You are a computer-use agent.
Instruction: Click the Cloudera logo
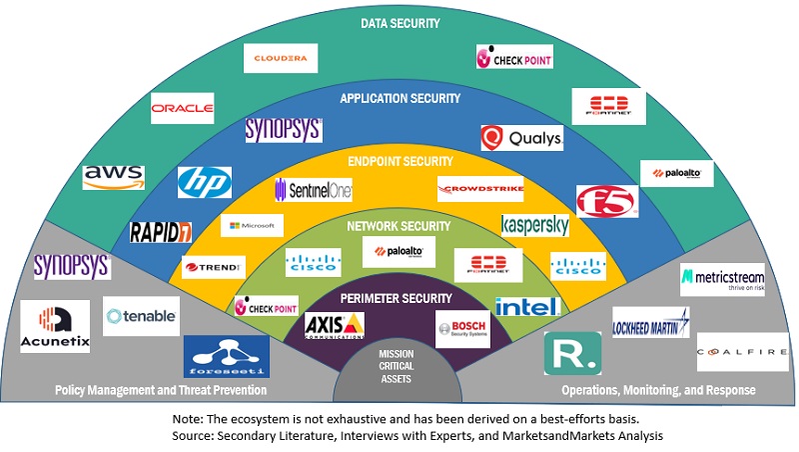pos(281,58)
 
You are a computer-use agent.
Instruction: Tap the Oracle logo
pos(182,107)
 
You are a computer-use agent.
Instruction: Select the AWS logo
pos(114,177)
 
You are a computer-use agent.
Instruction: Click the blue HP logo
pos(204,182)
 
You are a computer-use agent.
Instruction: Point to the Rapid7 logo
pos(161,232)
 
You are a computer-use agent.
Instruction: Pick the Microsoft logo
pos(253,225)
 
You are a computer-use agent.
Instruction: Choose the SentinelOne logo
pos(313,189)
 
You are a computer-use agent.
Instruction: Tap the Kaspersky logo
pos(535,224)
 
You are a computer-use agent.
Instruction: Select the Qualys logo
pos(521,138)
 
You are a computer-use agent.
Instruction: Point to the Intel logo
pos(526,306)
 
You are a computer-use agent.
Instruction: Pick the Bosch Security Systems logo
pos(462,328)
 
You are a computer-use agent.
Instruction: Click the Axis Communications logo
pos(334,325)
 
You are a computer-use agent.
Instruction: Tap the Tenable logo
pos(142,316)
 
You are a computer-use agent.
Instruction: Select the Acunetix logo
pos(55,326)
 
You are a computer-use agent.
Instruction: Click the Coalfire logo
pos(742,352)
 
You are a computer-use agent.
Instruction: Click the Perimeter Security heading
pos(398,298)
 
